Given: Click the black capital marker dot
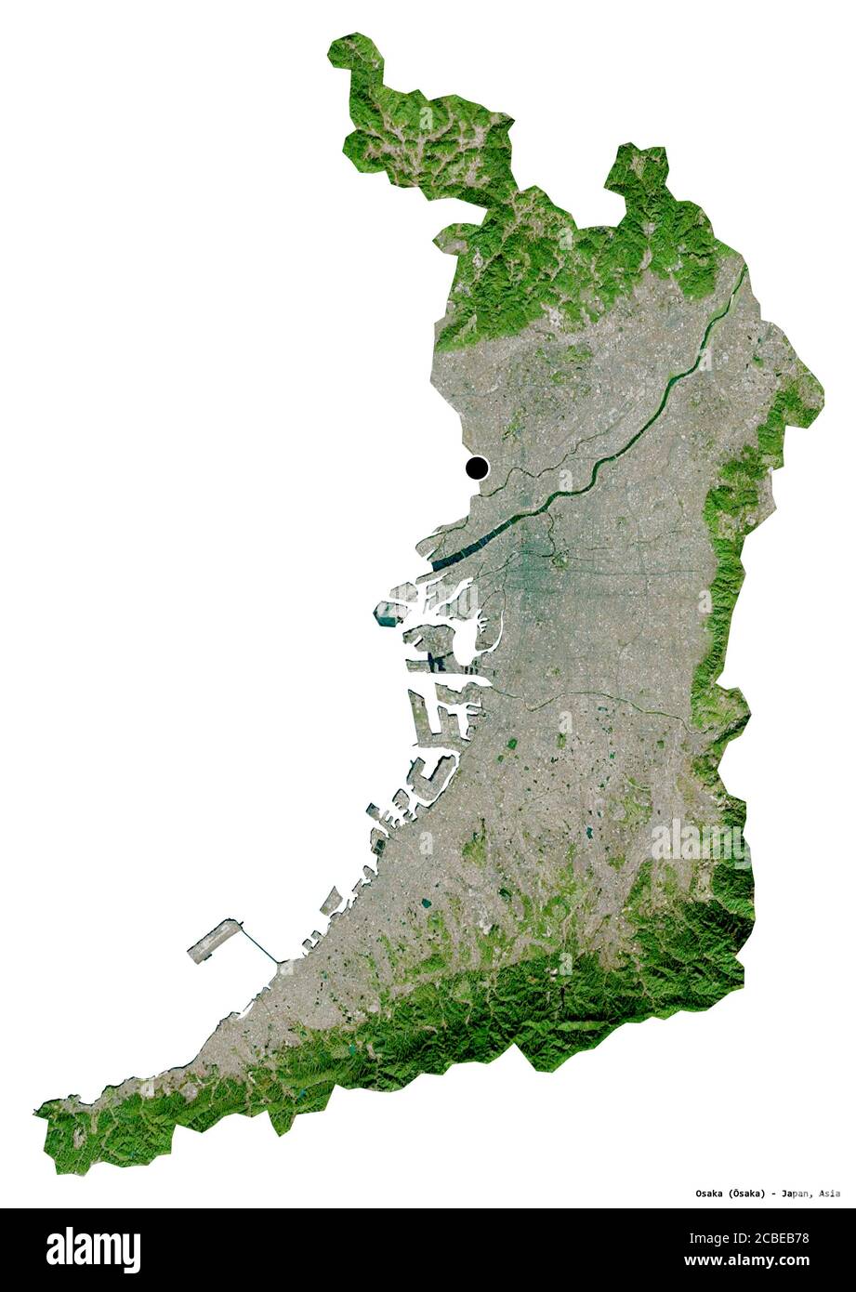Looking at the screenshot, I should point(477,468).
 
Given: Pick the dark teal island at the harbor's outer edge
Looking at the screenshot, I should point(385,613).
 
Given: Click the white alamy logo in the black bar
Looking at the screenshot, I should point(93,1249).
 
